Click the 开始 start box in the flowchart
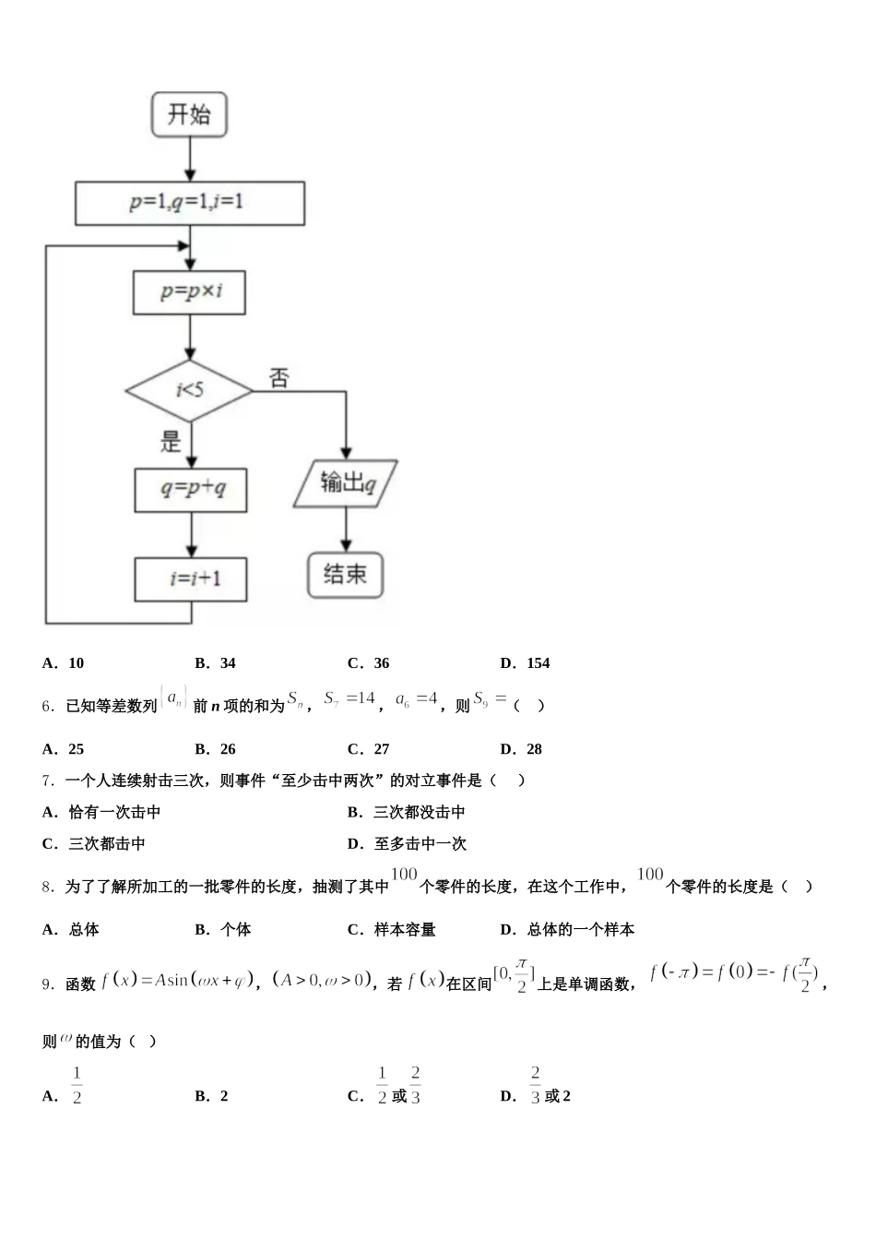tap(189, 115)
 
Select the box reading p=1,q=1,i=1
tap(189, 203)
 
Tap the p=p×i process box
tap(190, 292)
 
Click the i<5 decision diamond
tap(190, 390)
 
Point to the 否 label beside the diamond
tap(278, 377)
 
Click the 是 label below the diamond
tap(172, 441)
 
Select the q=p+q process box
tap(191, 489)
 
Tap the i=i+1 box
tap(191, 578)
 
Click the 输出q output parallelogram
tap(347, 483)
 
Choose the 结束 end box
tap(345, 575)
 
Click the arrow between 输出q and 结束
tap(347, 531)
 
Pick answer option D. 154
tap(526, 662)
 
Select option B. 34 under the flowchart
tap(216, 662)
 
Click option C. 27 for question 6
tap(369, 749)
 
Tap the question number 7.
tap(48, 781)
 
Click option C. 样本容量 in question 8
tap(392, 929)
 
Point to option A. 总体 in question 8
tap(71, 929)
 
